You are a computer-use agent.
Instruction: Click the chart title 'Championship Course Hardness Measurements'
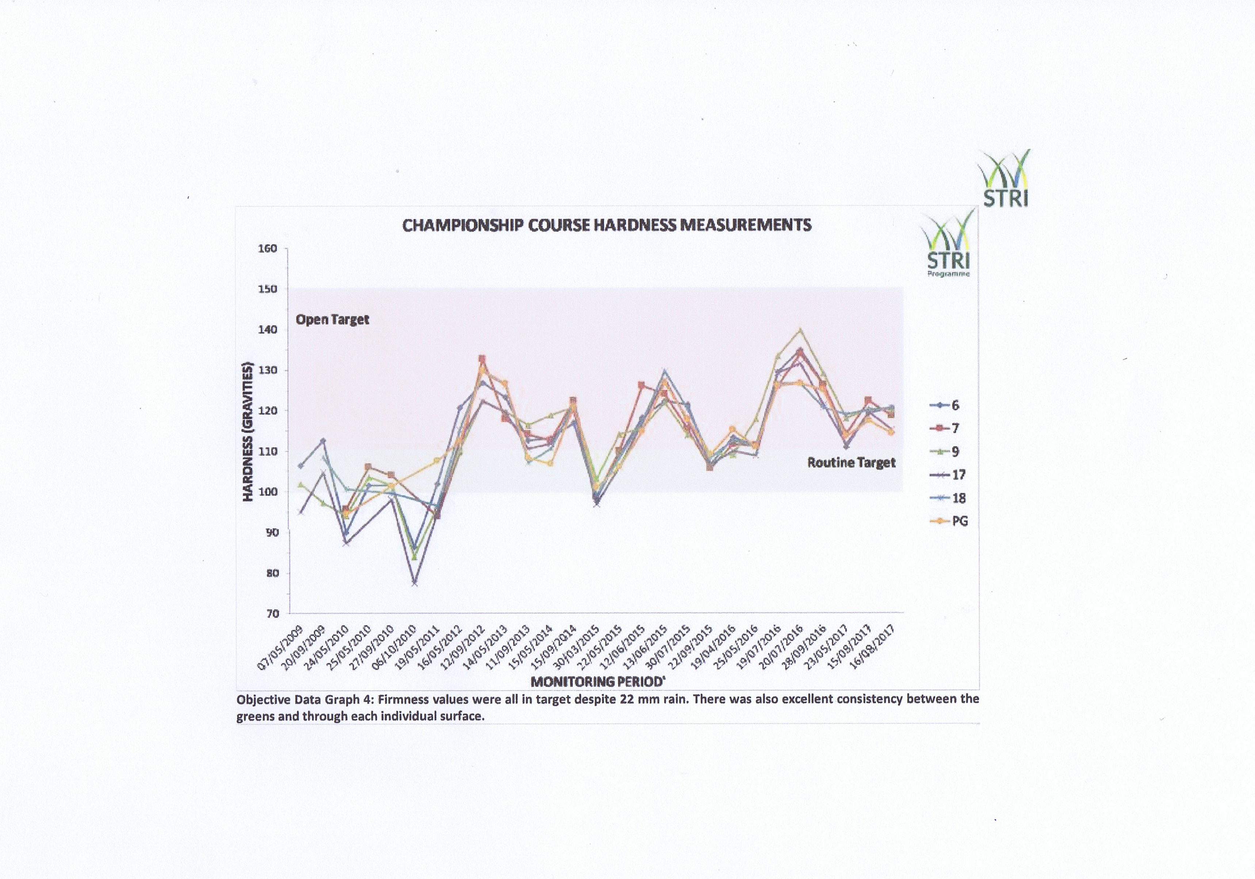[607, 225]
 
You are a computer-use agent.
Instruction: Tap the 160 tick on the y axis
[268, 248]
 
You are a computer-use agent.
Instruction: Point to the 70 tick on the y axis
[272, 613]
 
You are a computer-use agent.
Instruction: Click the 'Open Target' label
[332, 320]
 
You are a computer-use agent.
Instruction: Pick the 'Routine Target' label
[852, 463]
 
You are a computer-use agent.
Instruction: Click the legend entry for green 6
[945, 405]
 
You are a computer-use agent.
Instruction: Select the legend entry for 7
[945, 428]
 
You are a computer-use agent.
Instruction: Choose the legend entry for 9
[945, 452]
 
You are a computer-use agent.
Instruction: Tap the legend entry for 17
[947, 475]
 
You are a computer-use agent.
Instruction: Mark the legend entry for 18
[947, 498]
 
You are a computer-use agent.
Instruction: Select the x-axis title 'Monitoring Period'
[597, 682]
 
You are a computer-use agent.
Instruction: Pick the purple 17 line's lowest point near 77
[415, 583]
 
